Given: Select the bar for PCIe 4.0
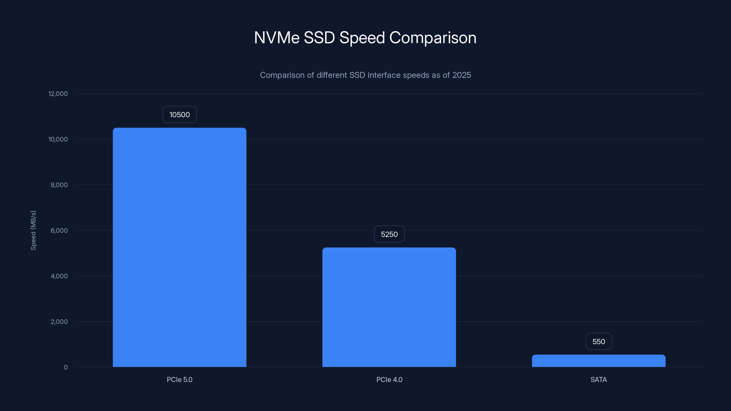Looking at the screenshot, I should click(389, 307).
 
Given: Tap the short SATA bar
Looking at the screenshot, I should click(599, 361).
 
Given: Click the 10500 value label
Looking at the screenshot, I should click(179, 115).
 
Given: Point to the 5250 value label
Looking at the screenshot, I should click(389, 234).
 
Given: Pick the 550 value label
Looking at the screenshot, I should click(599, 342).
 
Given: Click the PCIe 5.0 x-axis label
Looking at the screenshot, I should click(179, 379).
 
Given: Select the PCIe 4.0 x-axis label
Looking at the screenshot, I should click(389, 379).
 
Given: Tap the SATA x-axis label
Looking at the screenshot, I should click(599, 379).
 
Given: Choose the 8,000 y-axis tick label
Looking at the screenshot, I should click(59, 185).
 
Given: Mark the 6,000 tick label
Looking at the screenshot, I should click(59, 230).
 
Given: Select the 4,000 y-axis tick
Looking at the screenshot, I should click(59, 276).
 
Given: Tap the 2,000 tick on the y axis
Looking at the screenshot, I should click(59, 322).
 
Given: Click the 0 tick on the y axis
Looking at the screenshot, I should click(66, 367).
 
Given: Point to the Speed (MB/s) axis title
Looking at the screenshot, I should click(33, 230).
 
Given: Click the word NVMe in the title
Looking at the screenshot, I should click(277, 37).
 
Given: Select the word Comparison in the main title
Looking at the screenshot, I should click(433, 37).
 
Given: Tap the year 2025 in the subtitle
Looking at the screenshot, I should click(461, 75).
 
